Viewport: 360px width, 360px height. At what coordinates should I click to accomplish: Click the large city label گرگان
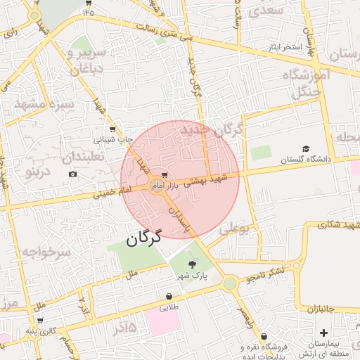[144, 238]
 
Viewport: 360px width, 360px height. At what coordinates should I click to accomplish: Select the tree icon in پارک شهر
[193, 264]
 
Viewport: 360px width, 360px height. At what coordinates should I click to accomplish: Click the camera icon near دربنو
[72, 174]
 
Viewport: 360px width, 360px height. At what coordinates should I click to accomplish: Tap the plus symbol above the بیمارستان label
[323, 333]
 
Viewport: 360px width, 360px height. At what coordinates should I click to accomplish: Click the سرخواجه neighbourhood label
[45, 251]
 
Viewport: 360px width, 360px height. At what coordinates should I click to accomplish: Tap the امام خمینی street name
[116, 191]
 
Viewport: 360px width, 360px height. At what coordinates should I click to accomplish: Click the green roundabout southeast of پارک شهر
[230, 283]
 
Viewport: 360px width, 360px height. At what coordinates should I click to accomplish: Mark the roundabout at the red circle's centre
[156, 185]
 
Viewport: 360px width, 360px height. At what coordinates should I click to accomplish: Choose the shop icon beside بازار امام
[165, 174]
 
